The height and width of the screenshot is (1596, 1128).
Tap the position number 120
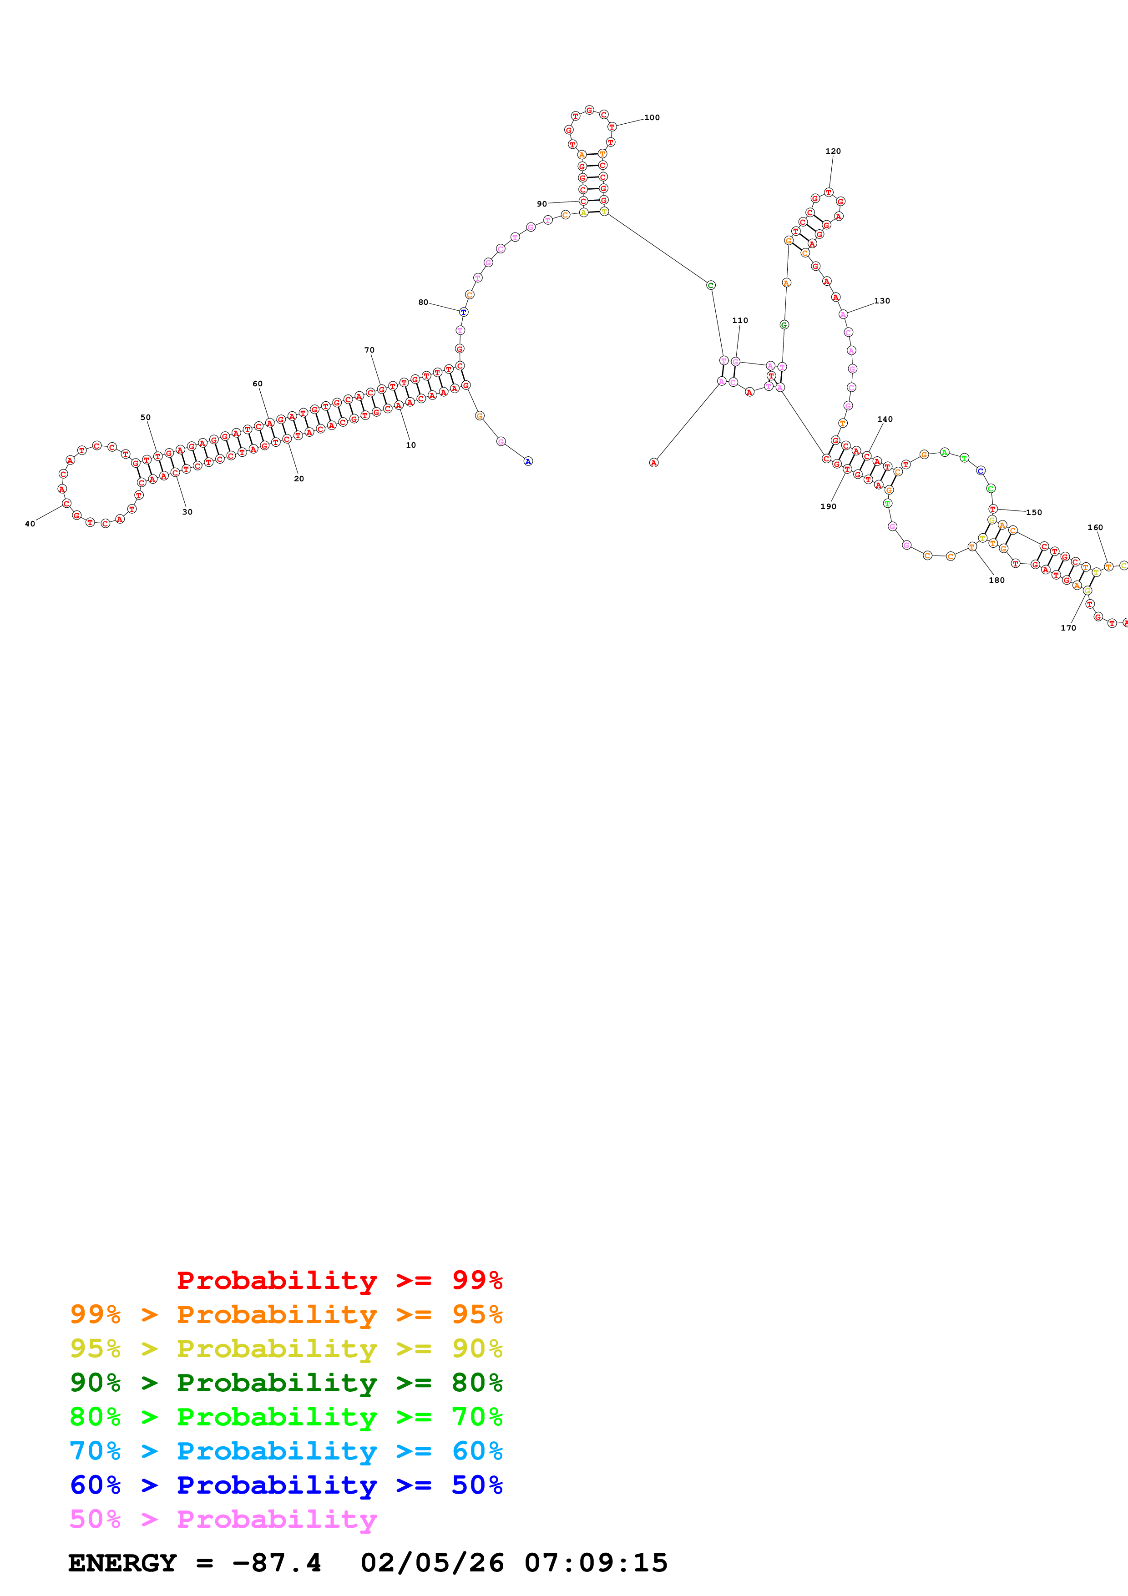point(833,151)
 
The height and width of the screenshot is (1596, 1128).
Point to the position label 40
point(30,524)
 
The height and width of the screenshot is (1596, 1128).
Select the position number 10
point(411,445)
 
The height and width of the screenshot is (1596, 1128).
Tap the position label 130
point(881,301)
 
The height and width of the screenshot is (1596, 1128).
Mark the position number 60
point(257,384)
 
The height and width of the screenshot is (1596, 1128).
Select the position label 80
point(423,303)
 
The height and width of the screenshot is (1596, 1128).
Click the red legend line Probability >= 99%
point(340,1280)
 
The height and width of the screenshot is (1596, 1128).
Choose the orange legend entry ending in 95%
point(286,1314)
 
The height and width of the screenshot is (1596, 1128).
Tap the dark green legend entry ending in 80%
point(286,1383)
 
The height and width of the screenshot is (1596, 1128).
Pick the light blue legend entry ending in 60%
point(286,1451)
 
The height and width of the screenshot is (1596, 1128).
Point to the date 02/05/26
point(432,1563)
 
